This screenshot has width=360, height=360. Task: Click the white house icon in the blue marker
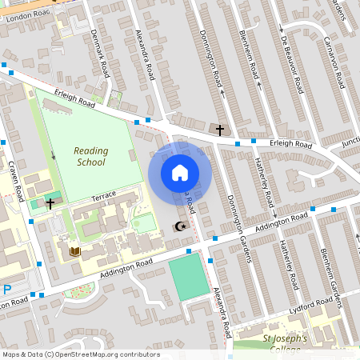pos(179,172)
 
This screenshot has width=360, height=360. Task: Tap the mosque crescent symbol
pos(181,226)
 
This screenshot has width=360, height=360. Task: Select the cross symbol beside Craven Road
pos(50,204)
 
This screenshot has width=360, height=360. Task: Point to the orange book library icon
pos(75,252)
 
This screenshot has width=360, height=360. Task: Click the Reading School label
pos(90,156)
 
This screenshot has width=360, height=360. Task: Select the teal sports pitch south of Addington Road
pos(189,277)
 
